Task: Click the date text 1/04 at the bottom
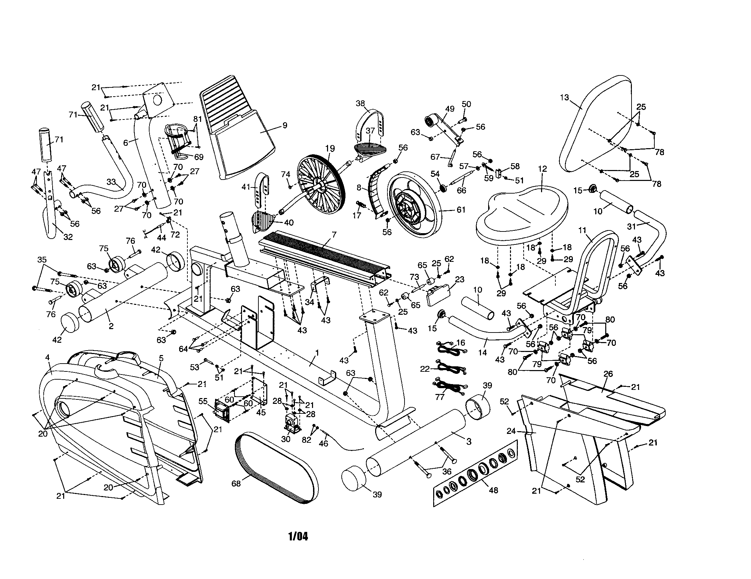coord(298,536)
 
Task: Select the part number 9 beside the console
coord(285,126)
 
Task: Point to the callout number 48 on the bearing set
coord(493,490)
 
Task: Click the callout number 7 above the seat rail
coord(334,235)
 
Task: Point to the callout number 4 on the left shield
coord(47,357)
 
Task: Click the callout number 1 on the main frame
coord(317,353)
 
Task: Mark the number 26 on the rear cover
coord(608,374)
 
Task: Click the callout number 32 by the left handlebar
coord(68,237)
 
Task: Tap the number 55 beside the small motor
coord(203,401)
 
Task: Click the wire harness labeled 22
coord(451,369)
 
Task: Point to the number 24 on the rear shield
coord(511,431)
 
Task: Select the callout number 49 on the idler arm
coord(450,109)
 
